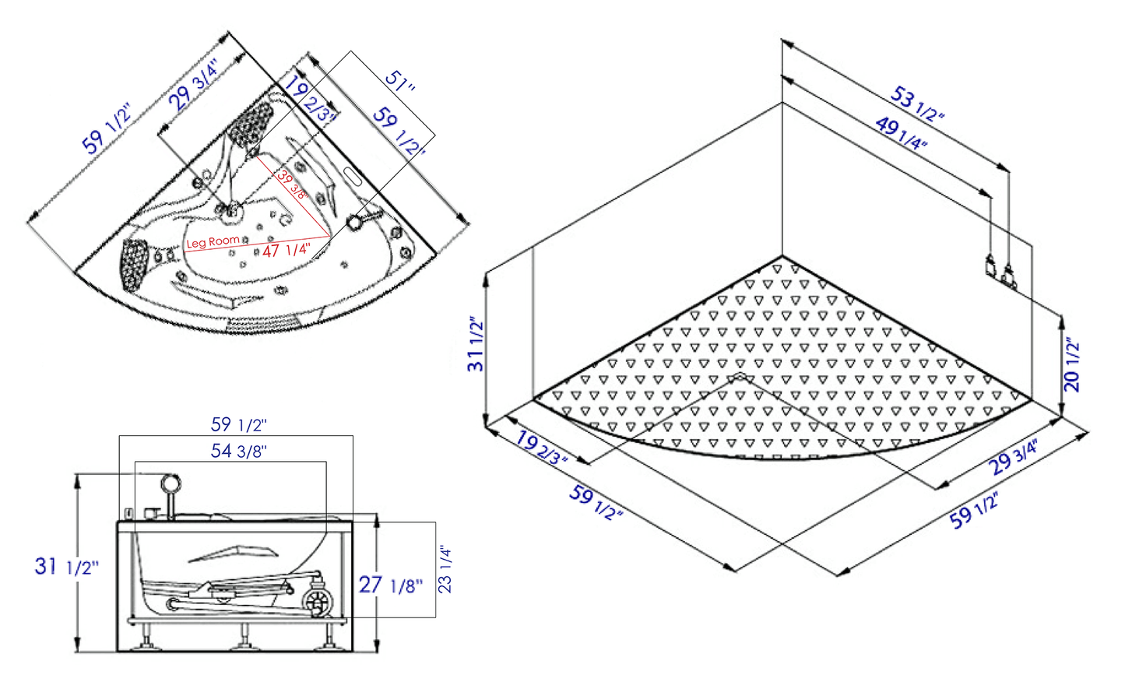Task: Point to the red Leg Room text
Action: click(x=213, y=242)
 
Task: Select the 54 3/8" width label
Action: click(x=239, y=451)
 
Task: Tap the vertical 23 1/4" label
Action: click(x=445, y=569)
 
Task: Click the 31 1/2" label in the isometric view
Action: click(x=476, y=343)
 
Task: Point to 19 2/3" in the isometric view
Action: click(x=542, y=448)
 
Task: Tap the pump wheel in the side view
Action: click(x=318, y=601)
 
